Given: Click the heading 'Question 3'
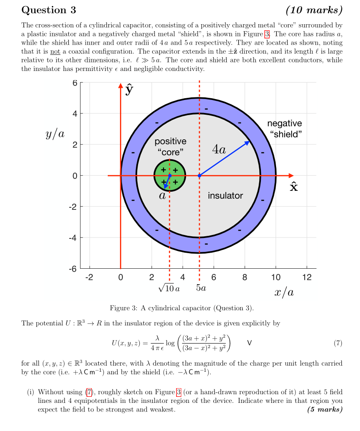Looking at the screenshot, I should (48, 10).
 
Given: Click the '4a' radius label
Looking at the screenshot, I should (219, 150).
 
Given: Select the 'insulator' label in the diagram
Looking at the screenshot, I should (225, 196).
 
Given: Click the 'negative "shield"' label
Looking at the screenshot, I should (284, 129).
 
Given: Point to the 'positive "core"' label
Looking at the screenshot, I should (170, 147).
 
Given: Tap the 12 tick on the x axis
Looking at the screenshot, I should (307, 277).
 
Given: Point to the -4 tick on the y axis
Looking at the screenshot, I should (74, 238).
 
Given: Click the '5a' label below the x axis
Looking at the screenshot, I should (201, 288).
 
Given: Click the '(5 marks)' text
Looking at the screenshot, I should (325, 409).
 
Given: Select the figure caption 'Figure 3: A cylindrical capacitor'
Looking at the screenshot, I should (182, 308).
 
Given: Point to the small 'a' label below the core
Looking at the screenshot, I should (162, 196).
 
